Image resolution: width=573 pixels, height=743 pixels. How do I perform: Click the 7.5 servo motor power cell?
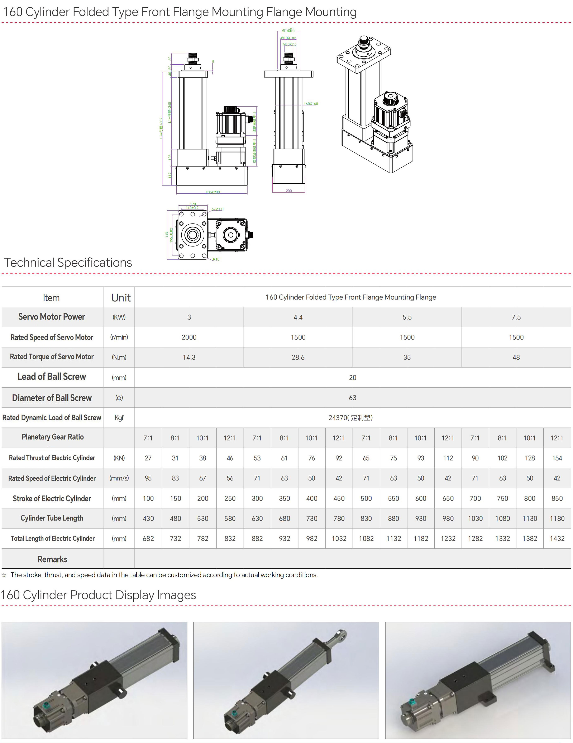516,317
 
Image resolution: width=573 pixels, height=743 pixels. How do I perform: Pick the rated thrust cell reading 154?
557,458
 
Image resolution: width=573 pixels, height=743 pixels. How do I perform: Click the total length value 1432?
557,539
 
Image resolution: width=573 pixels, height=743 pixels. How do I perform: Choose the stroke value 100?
148,498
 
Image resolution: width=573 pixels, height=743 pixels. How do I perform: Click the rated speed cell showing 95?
148,478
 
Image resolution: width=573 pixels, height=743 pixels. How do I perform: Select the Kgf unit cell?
119,418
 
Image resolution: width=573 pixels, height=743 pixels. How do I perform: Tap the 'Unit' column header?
121,298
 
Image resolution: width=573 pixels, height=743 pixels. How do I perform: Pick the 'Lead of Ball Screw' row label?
52,377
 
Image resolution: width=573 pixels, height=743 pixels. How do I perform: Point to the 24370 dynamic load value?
350,418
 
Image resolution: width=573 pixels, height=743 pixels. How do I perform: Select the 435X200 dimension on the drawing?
213,192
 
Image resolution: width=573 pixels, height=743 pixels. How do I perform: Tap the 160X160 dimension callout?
311,104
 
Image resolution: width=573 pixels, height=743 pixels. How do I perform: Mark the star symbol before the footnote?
4,575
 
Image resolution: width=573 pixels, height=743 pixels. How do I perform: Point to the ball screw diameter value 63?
352,398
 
